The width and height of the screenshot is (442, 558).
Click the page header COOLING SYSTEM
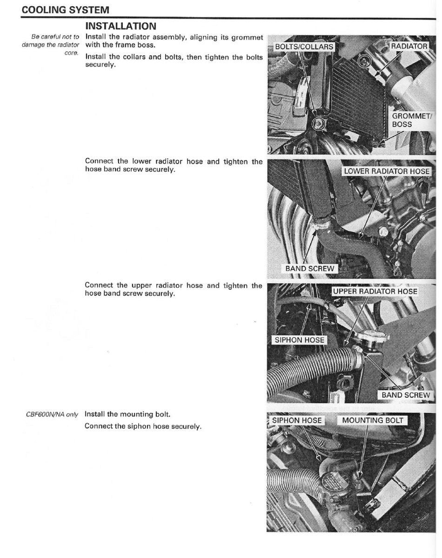65,9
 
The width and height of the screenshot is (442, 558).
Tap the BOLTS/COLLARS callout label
304,47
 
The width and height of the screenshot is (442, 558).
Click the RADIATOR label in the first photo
409,46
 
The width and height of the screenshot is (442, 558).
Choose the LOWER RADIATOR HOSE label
386,171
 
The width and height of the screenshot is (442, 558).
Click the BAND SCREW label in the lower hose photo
309,268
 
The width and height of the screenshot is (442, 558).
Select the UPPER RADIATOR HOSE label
375,292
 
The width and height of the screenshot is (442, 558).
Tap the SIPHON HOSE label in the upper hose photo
299,340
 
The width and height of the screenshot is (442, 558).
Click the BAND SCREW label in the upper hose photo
406,395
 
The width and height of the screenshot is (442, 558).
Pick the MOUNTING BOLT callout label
372,420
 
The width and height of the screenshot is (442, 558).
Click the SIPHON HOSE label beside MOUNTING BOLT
297,420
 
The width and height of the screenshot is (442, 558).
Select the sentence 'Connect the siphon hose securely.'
143,426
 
